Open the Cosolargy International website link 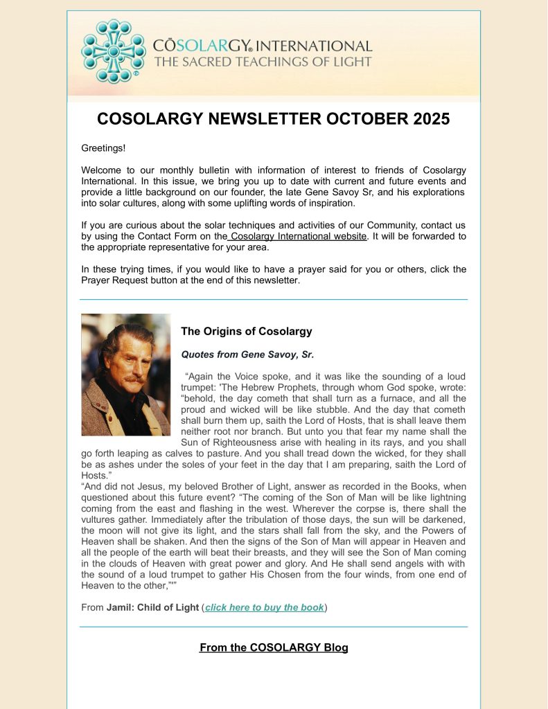(299, 236)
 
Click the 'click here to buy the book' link (265, 607)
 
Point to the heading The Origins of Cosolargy (246, 332)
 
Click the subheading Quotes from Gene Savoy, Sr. (247, 354)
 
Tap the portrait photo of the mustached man (125, 375)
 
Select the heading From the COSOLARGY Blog (274, 648)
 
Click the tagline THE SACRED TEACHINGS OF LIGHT (263, 62)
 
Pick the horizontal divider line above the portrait (274, 300)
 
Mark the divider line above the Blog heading (274, 627)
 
